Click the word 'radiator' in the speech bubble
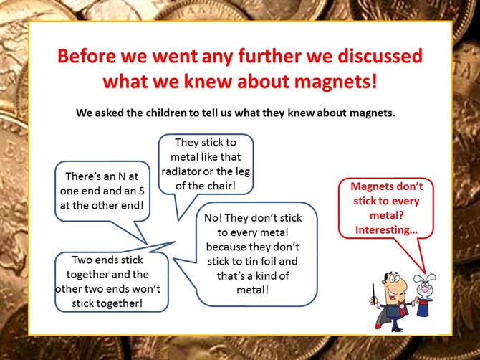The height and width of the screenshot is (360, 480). [181, 171]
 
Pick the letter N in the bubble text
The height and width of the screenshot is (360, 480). [121, 176]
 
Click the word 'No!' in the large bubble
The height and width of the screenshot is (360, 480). [213, 218]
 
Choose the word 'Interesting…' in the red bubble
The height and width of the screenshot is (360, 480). [386, 229]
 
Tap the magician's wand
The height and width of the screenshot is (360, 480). [374, 294]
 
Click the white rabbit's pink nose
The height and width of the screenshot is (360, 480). [425, 289]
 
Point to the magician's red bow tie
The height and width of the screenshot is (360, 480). [400, 304]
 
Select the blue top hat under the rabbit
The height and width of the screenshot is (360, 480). [424, 308]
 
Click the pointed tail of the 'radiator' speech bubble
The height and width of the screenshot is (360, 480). [178, 220]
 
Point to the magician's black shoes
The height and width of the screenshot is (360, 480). [397, 328]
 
